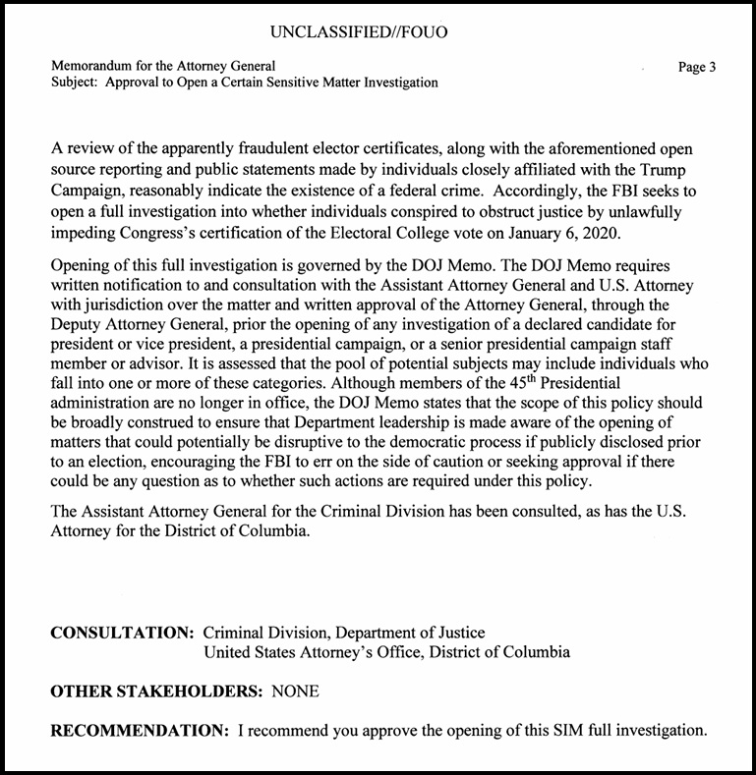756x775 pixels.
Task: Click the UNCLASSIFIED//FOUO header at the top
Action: click(358, 32)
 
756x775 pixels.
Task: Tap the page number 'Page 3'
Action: click(697, 67)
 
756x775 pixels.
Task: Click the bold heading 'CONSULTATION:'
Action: click(123, 634)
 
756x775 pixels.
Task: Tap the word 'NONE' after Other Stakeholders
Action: click(296, 692)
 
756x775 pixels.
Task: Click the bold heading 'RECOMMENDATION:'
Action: click(140, 731)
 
